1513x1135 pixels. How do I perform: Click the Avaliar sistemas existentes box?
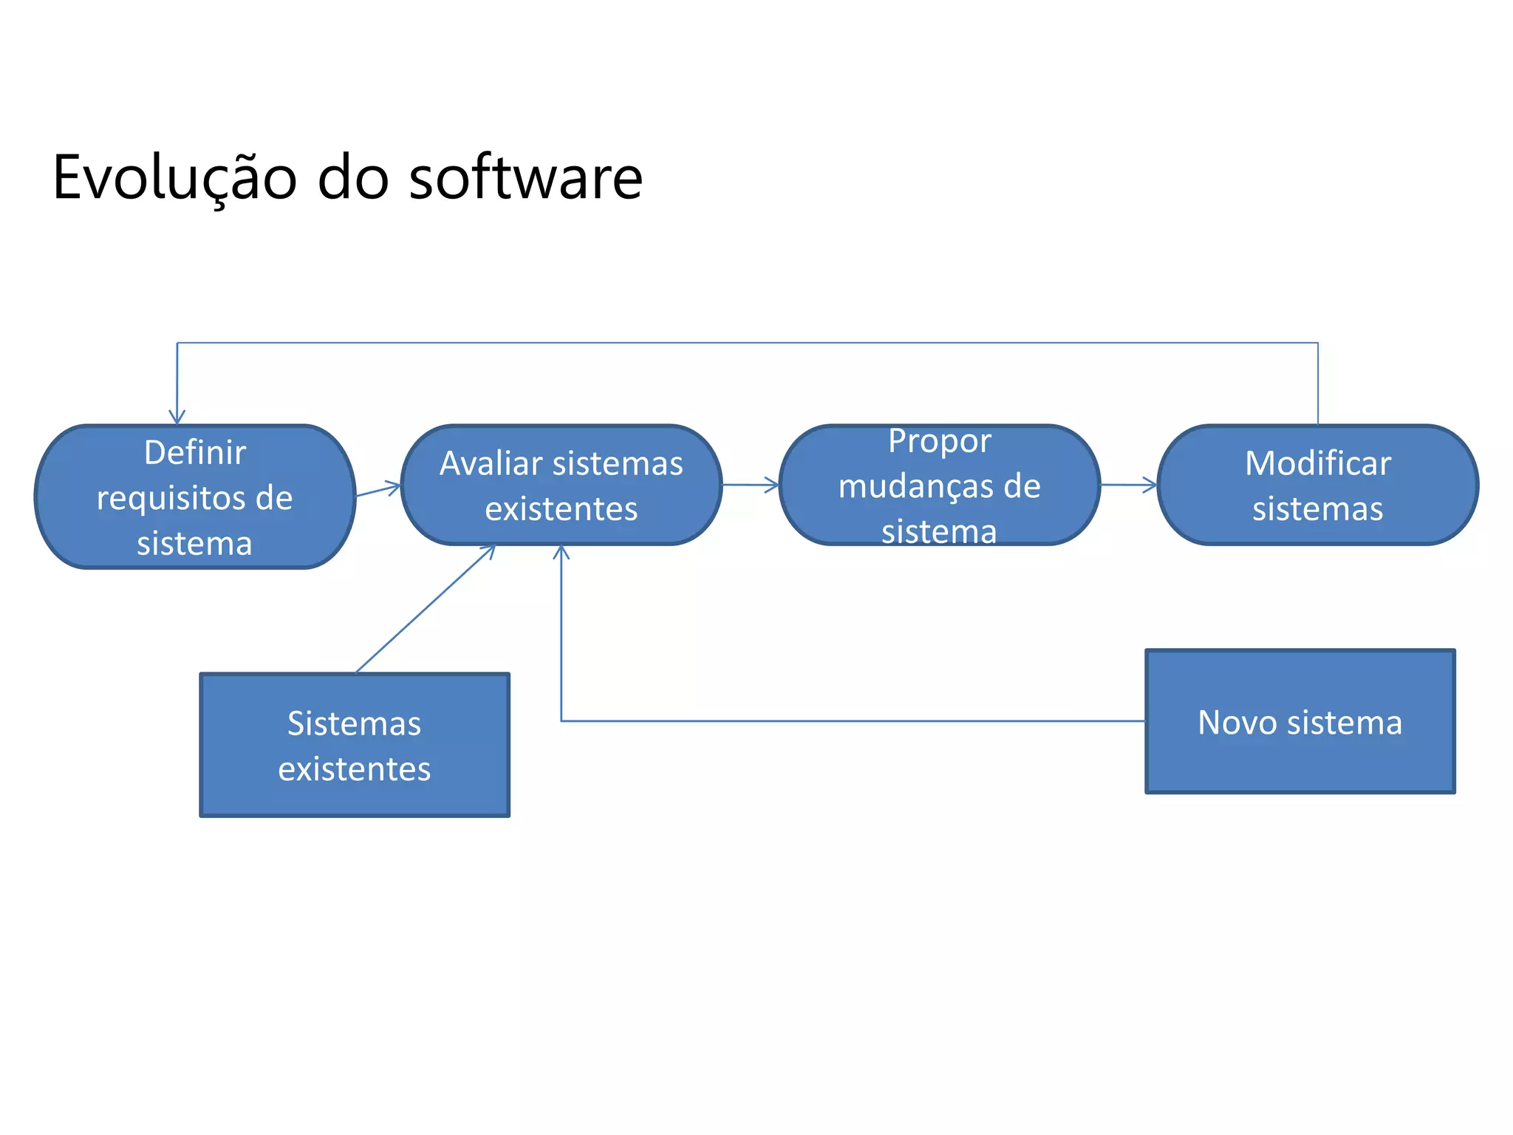click(x=561, y=485)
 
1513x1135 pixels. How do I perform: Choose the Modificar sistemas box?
click(x=1317, y=485)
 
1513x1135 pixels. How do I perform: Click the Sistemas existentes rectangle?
click(x=355, y=745)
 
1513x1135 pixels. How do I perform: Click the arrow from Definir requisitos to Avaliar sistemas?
click(x=378, y=490)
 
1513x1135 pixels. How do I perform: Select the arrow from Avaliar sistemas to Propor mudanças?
click(x=750, y=485)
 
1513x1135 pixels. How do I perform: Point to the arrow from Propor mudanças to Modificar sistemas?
click(x=1129, y=485)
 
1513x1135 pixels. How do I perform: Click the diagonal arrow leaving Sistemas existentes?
click(x=425, y=609)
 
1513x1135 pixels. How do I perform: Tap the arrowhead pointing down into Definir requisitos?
click(x=177, y=418)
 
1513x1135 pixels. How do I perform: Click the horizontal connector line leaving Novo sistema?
click(x=850, y=720)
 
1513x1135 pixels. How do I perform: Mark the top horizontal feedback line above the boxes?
click(x=746, y=343)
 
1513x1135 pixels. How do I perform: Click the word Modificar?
click(x=1317, y=463)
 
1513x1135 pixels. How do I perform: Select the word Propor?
click(x=939, y=441)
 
